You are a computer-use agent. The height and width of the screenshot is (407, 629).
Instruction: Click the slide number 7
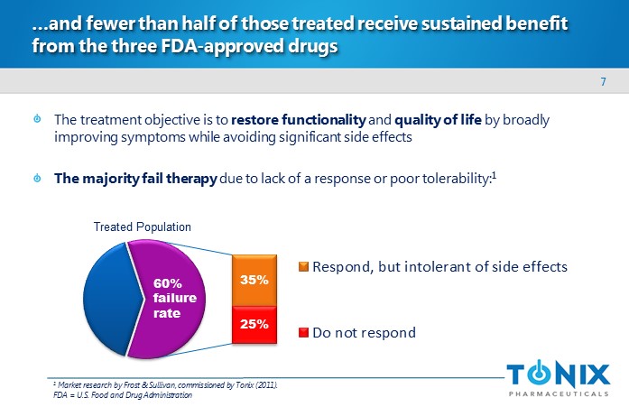603,83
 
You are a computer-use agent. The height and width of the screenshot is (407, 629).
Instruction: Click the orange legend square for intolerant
304,266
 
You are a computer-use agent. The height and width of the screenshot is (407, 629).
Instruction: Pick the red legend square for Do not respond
304,332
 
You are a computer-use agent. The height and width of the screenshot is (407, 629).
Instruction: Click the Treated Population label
143,227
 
